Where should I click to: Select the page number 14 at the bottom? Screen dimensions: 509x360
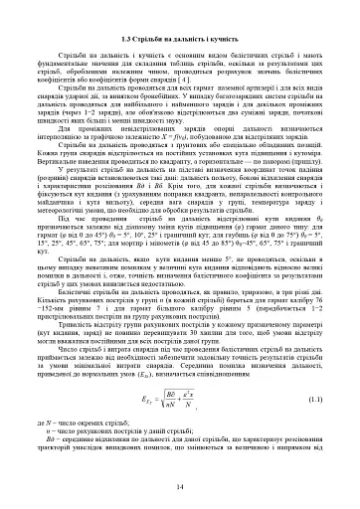point(180,486)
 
